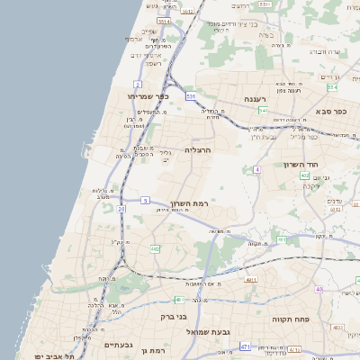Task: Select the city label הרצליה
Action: coord(197,149)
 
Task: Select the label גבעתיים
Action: coord(119,344)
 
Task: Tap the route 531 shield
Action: coord(191,95)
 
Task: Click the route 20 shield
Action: coord(121,208)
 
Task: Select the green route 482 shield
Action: coord(155,248)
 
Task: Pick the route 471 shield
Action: coord(245,346)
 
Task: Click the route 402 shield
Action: coord(305,175)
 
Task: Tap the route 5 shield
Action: coord(145,200)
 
